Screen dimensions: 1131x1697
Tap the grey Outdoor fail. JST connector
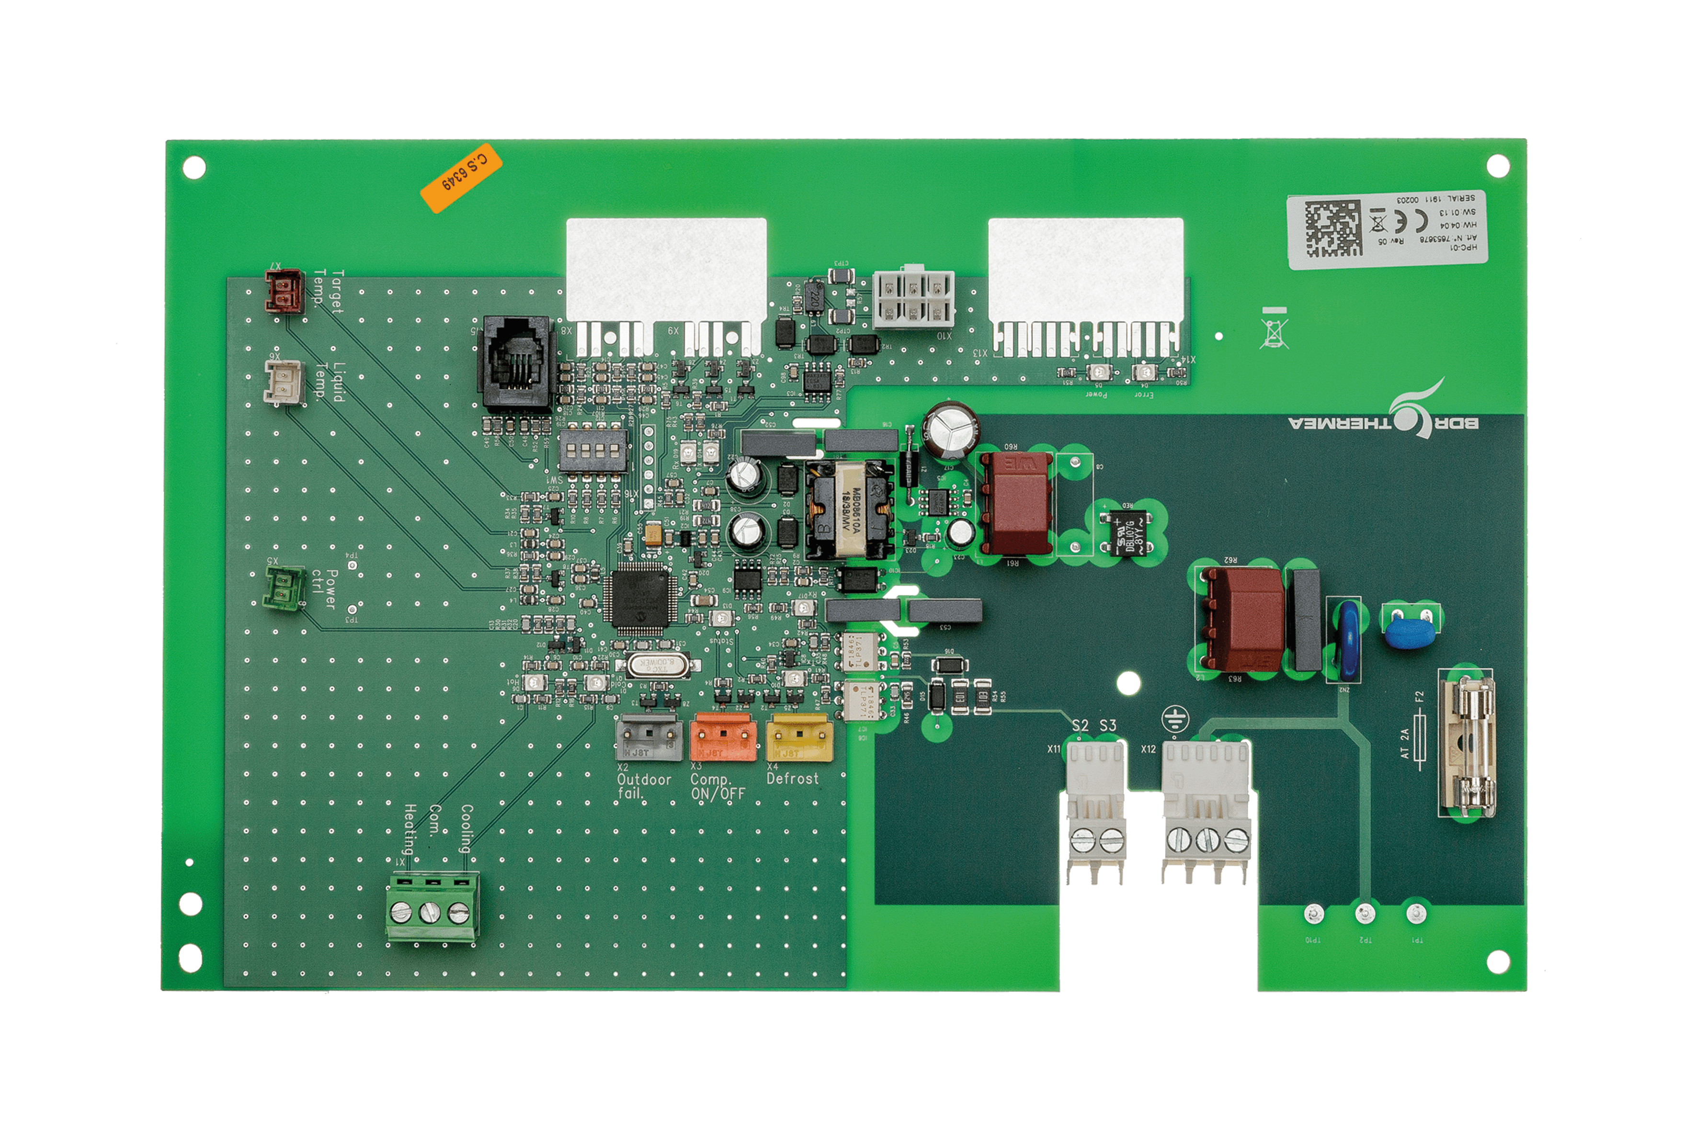(x=649, y=737)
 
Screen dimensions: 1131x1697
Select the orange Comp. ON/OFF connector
(x=723, y=737)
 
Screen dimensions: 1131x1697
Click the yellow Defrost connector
(x=799, y=737)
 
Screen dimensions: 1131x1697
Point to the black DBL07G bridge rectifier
(x=1128, y=532)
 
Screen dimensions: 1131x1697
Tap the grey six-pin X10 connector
(x=913, y=299)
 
